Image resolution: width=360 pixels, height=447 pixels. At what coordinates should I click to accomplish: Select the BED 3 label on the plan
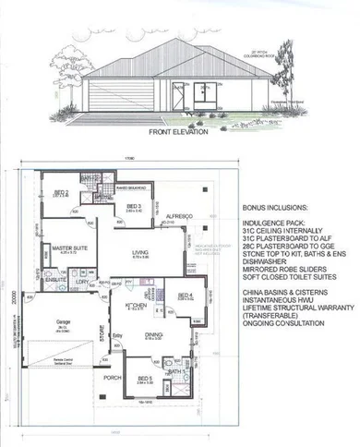[x=133, y=206]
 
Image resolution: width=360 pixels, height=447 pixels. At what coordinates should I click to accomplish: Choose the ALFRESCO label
[x=176, y=214]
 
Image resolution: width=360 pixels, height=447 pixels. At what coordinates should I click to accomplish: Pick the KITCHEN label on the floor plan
[x=135, y=305]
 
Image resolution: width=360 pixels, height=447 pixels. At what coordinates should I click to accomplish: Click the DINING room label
[x=154, y=335]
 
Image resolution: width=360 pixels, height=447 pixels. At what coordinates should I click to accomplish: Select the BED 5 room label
[x=144, y=378]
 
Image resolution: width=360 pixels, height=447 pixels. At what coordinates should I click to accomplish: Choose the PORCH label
[x=113, y=377]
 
